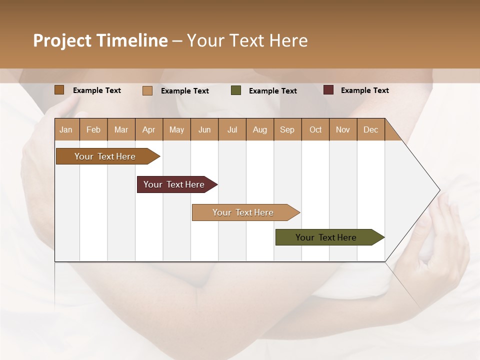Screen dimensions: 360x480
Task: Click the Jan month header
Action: (66, 129)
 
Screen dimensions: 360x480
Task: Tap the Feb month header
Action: (93, 129)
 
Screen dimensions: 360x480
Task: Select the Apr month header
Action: (149, 129)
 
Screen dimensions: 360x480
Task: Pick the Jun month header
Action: (204, 129)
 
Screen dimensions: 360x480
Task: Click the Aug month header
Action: (260, 129)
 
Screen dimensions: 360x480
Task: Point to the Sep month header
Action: (287, 129)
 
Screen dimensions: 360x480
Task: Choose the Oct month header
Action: (315, 129)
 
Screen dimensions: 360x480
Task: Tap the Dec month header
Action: (371, 129)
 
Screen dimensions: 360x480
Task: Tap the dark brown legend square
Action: (59, 90)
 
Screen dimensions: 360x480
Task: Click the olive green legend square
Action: (236, 90)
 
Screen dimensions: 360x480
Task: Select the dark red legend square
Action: (328, 90)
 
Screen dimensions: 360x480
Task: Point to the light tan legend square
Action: (147, 90)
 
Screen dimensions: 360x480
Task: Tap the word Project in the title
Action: (62, 40)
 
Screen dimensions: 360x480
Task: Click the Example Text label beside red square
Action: (364, 90)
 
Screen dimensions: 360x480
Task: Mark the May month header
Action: (176, 129)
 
